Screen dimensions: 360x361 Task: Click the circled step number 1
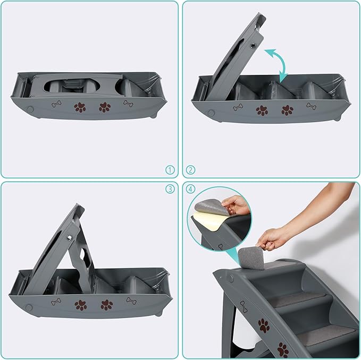pyautogui.click(x=170, y=170)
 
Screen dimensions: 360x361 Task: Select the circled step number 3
pyautogui.click(x=170, y=189)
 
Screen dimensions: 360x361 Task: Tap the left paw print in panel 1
pyautogui.click(x=80, y=107)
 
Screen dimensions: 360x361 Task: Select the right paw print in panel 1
pyautogui.click(x=105, y=107)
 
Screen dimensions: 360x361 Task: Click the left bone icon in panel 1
pyautogui.click(x=56, y=104)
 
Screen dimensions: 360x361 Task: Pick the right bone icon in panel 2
pyautogui.click(x=311, y=106)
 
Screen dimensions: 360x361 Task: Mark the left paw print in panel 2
pyautogui.click(x=262, y=110)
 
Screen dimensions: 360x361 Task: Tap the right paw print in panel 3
pyautogui.click(x=106, y=305)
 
